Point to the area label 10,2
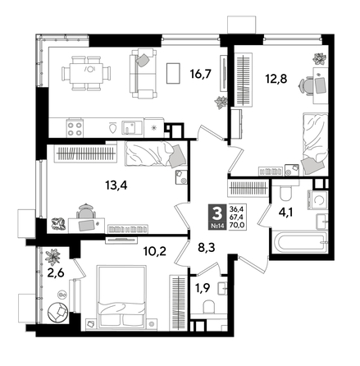154,252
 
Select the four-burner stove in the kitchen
75,126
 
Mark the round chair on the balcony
56,313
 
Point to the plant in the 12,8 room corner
317,57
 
